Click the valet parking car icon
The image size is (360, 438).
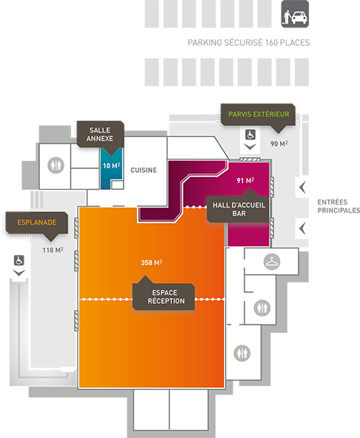295,14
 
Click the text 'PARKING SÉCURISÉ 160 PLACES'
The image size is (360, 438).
249,43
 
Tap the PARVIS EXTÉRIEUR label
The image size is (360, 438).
259,114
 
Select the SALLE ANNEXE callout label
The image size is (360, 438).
100,134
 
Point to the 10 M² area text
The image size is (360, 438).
111,166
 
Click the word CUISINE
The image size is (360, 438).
144,170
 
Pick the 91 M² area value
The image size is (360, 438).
245,180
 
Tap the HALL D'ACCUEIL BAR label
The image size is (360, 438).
239,209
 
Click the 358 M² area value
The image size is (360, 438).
151,262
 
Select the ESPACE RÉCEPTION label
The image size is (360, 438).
166,296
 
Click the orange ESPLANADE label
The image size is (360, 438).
37,222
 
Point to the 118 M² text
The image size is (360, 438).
53,250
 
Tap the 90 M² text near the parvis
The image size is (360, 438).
279,144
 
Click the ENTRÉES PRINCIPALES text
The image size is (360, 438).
339,206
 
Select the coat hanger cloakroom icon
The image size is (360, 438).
272,262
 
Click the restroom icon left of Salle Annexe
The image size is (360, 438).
56,165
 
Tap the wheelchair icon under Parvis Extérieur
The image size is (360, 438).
250,134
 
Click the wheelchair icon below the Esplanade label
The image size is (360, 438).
19,260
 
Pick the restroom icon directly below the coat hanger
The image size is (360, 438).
262,308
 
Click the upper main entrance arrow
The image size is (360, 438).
302,188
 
